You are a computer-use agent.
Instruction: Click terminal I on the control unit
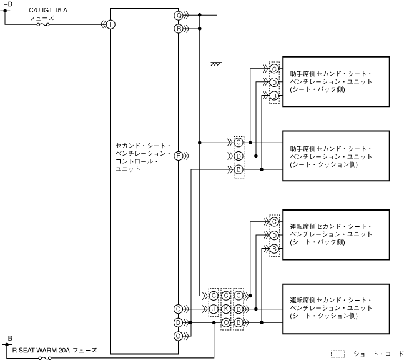(x=110, y=24)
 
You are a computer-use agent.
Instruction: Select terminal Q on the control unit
(x=179, y=14)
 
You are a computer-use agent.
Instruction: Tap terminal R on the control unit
(x=179, y=29)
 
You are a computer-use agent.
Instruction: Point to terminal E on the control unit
(x=179, y=156)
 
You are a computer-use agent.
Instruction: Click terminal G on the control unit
(x=179, y=309)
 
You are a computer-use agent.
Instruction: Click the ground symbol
(x=216, y=62)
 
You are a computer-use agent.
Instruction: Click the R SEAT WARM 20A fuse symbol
(x=43, y=357)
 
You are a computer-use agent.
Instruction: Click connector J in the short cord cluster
(x=213, y=309)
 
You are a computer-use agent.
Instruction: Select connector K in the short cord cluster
(x=226, y=309)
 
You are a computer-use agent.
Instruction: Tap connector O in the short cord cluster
(x=226, y=322)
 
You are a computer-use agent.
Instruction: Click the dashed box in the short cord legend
(x=337, y=353)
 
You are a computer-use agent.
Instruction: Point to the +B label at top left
(x=7, y=4)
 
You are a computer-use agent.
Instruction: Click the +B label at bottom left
(x=7, y=338)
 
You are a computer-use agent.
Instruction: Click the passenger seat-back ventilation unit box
(x=336, y=81)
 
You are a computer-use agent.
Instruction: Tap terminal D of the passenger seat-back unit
(x=274, y=82)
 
